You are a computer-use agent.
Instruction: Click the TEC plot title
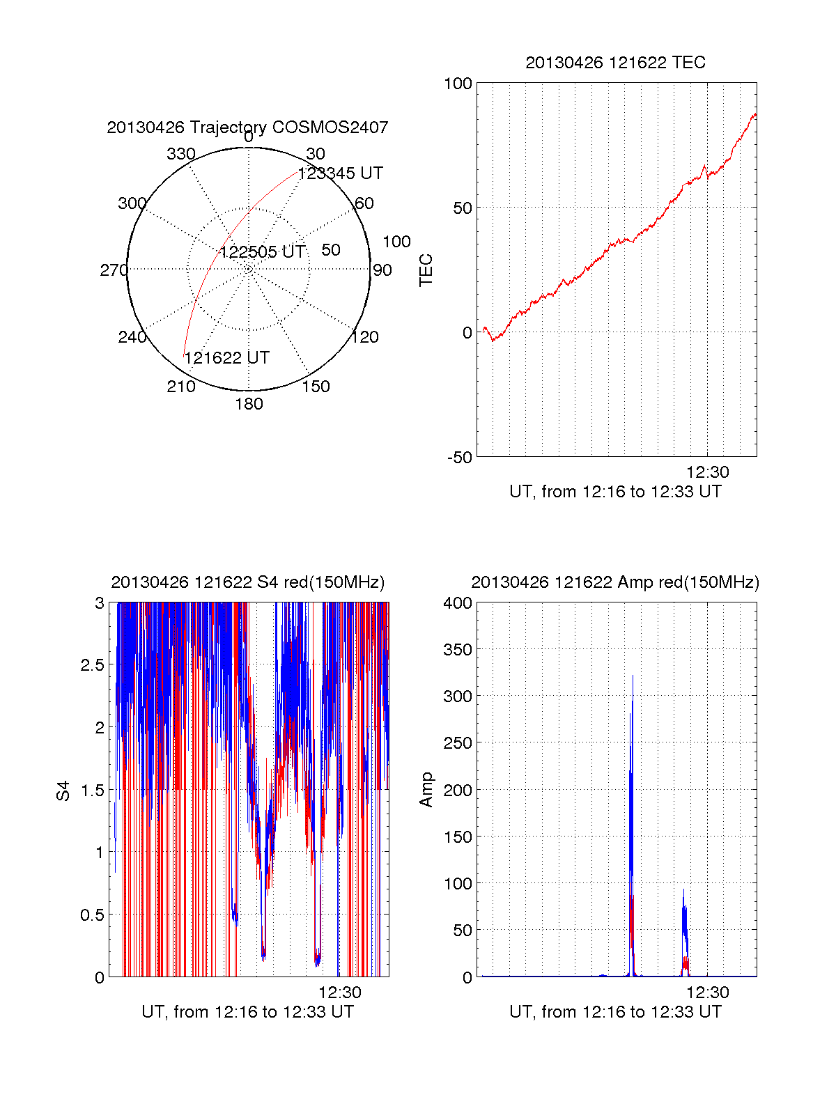click(x=615, y=63)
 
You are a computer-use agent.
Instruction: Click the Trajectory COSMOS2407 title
click(x=247, y=127)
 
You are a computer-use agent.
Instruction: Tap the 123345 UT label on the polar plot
click(x=340, y=173)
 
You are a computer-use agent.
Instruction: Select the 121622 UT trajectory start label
click(x=226, y=358)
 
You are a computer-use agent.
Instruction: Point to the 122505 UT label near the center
click(x=263, y=252)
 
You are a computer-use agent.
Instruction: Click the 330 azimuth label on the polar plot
click(x=181, y=154)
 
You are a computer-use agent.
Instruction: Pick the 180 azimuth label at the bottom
click(x=249, y=404)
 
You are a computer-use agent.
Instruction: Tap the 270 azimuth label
click(x=114, y=270)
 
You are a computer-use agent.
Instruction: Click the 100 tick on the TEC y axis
click(x=458, y=84)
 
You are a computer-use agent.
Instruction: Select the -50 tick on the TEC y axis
click(x=460, y=458)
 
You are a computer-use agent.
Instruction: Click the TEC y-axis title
click(x=426, y=270)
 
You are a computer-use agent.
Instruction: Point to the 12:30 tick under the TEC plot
click(x=708, y=472)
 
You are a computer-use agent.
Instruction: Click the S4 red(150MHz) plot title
click(x=247, y=582)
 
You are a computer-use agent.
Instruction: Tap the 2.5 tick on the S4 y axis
click(x=92, y=665)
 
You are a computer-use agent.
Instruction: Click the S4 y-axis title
click(x=63, y=791)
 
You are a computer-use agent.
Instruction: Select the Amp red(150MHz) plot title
click(x=615, y=582)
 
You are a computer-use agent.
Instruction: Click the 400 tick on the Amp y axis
click(x=458, y=603)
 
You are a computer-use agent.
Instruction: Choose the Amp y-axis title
click(x=426, y=790)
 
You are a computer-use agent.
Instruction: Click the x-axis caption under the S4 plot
click(x=247, y=1012)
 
